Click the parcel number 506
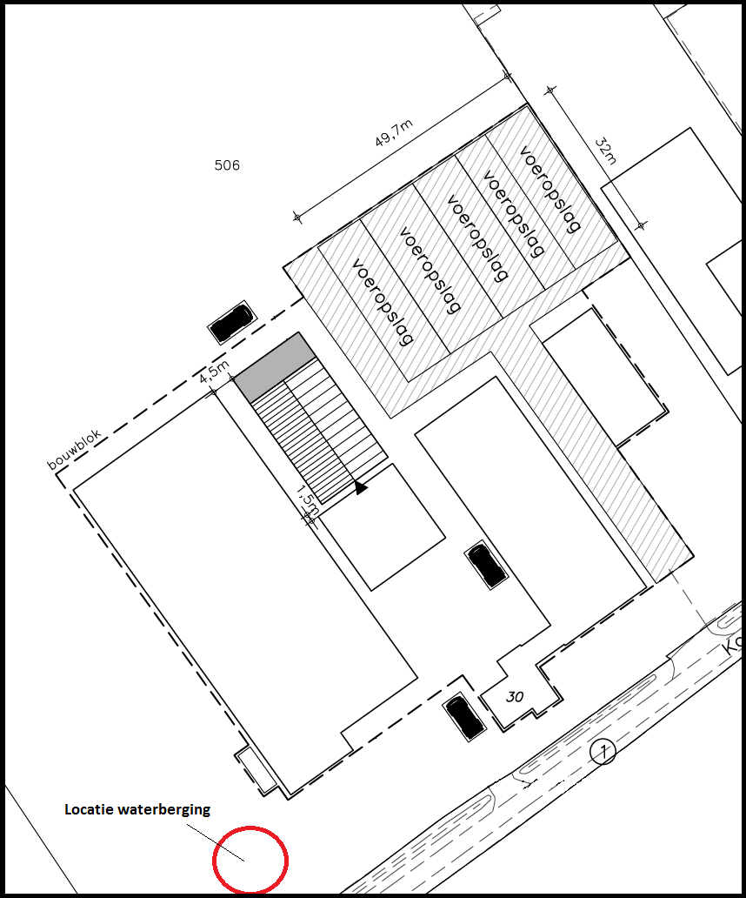pyautogui.click(x=226, y=165)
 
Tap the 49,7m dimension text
pyautogui.click(x=393, y=136)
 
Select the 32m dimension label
pyautogui.click(x=605, y=150)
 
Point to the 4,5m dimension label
pyautogui.click(x=213, y=371)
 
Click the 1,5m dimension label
pyautogui.click(x=306, y=500)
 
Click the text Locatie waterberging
pyautogui.click(x=137, y=809)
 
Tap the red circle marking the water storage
pyautogui.click(x=250, y=860)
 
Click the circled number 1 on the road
pyautogui.click(x=602, y=751)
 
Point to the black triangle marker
pyautogui.click(x=360, y=488)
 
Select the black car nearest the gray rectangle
pyautogui.click(x=231, y=323)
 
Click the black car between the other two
pyautogui.click(x=486, y=565)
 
